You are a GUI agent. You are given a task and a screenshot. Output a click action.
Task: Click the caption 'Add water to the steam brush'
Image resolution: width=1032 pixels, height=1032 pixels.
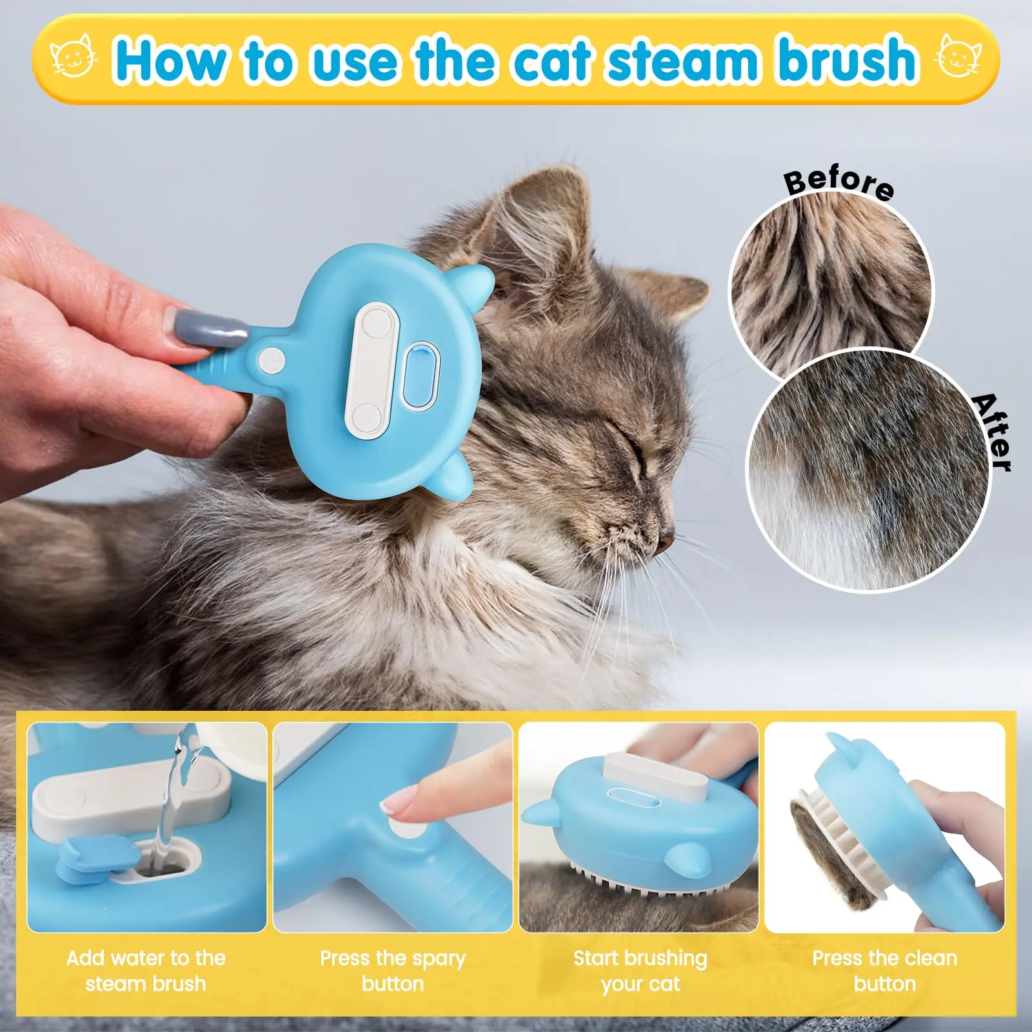tap(146, 971)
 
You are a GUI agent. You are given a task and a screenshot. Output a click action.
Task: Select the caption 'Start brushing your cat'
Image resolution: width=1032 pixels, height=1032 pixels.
tap(640, 971)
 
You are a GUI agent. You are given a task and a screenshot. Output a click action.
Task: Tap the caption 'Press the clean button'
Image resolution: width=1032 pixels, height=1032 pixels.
tap(884, 971)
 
